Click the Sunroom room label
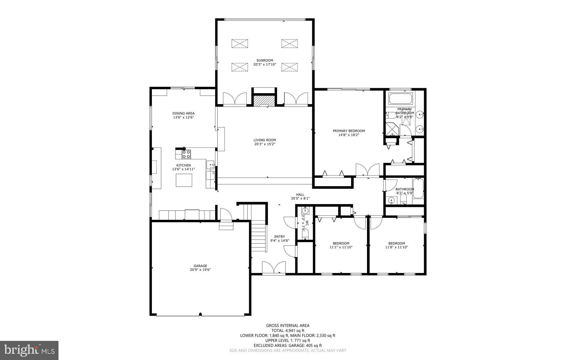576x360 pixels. click(x=264, y=60)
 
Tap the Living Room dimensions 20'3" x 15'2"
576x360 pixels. click(x=264, y=144)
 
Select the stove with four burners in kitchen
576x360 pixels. click(x=186, y=154)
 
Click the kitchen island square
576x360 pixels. click(x=184, y=180)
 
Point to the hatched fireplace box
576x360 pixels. click(x=264, y=101)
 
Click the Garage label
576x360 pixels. click(x=200, y=266)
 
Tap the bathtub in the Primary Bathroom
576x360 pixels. click(x=400, y=99)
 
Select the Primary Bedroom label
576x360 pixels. click(x=348, y=131)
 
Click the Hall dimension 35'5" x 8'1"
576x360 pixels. click(x=300, y=198)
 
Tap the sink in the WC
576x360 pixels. click(x=305, y=210)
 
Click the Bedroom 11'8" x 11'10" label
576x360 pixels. click(x=396, y=243)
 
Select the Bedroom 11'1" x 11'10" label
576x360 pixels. click(x=341, y=243)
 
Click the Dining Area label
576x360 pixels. click(x=183, y=113)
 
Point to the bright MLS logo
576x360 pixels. click(x=29, y=350)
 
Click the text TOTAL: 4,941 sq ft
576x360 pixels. click(x=287, y=331)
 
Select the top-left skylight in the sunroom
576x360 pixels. click(x=240, y=44)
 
